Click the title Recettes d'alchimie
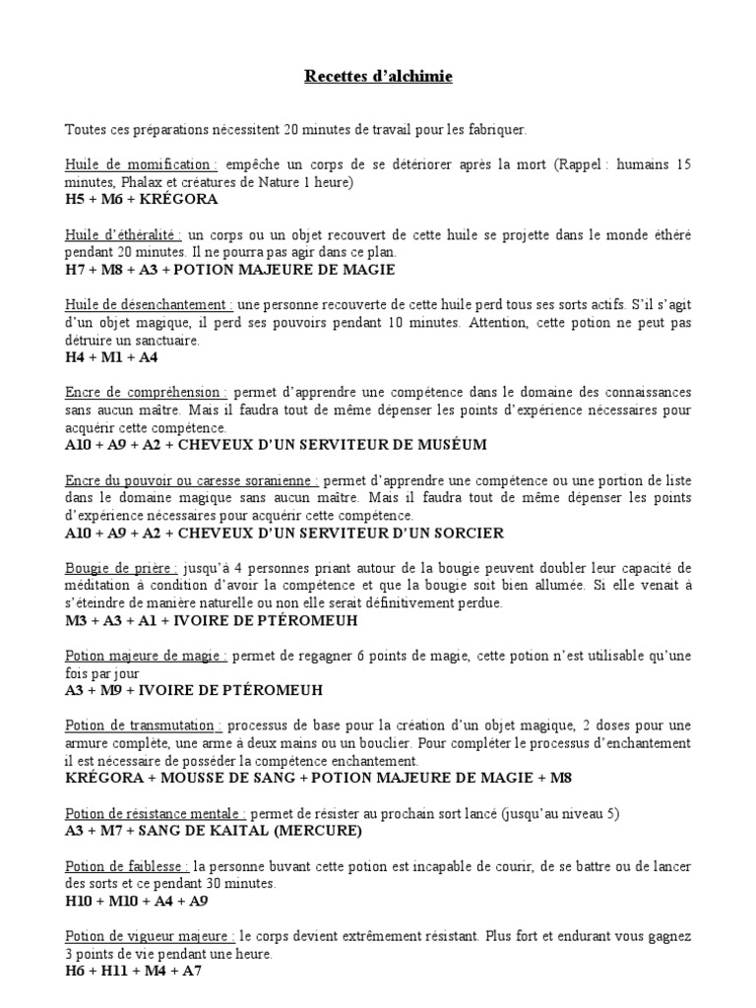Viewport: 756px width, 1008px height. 378,77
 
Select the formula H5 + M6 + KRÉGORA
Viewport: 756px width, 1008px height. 141,199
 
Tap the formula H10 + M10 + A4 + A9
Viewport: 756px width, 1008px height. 137,901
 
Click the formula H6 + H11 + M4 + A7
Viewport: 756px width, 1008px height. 132,972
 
